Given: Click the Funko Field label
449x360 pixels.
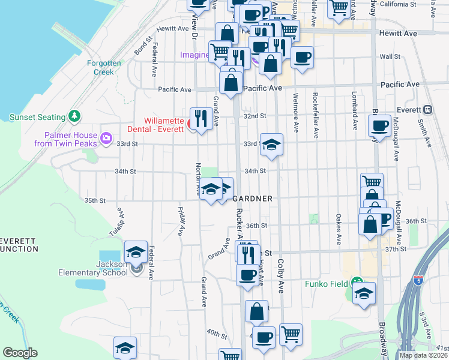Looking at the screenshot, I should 327,284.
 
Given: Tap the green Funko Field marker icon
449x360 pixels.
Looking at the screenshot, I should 358,281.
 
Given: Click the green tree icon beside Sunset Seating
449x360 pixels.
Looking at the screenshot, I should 74,115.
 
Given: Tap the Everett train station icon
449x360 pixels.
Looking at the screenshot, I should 427,110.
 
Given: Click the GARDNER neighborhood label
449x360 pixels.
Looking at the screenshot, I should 253,199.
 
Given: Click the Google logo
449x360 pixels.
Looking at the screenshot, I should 20,353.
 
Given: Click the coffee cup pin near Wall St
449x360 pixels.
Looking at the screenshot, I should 302,57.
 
